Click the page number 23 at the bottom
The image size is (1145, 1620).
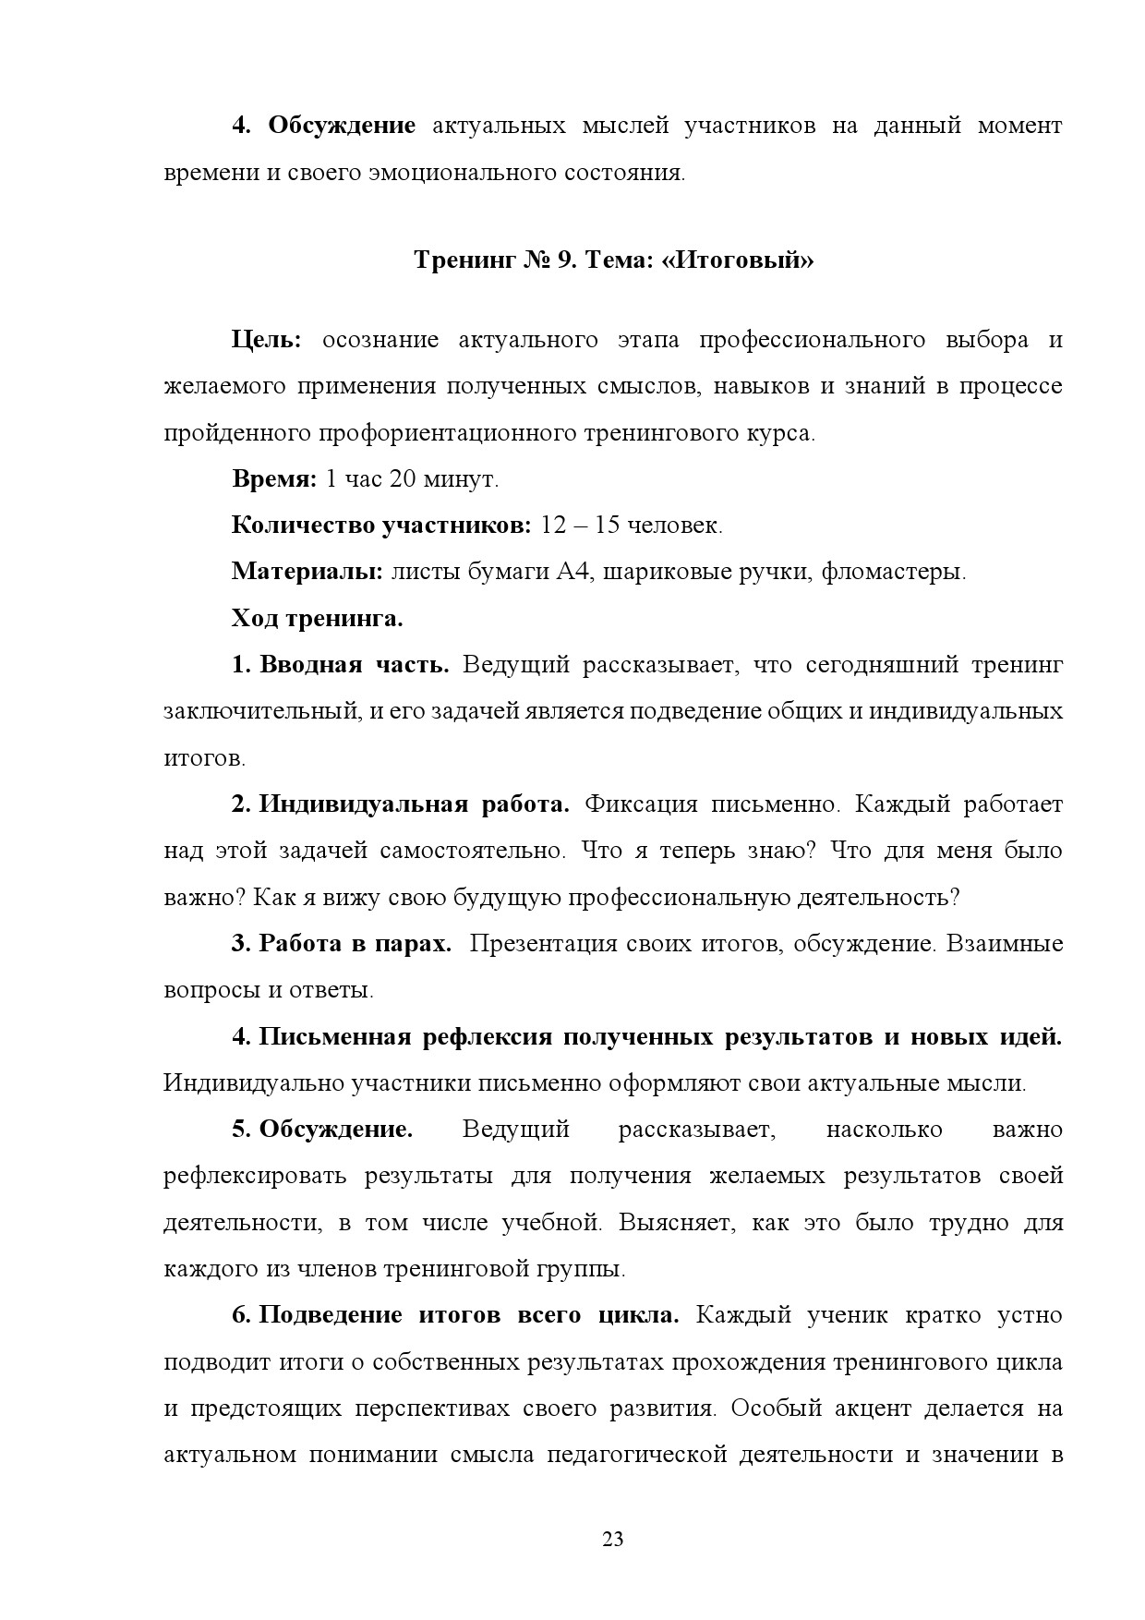pos(612,1539)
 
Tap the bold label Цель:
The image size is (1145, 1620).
pos(266,340)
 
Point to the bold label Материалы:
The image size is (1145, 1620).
pos(307,572)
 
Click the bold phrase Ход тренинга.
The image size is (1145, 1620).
pos(317,618)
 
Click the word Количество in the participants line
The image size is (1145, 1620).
pos(301,526)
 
